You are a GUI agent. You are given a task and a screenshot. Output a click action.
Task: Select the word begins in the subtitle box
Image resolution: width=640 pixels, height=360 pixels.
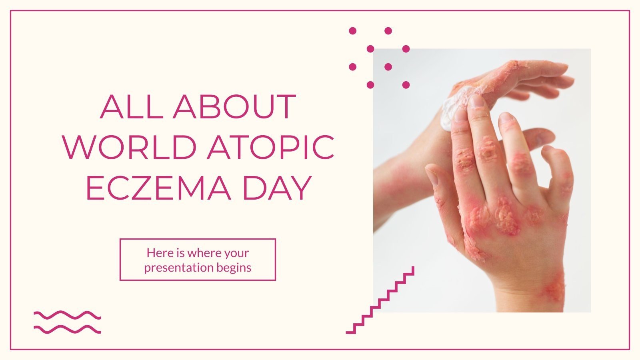[234, 267]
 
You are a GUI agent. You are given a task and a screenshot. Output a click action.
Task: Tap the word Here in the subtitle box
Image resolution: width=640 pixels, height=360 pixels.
[155, 253]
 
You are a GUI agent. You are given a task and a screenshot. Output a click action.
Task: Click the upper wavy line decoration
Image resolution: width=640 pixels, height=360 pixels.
[67, 315]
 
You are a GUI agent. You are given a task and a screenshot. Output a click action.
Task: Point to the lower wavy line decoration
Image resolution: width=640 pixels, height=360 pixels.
[67, 329]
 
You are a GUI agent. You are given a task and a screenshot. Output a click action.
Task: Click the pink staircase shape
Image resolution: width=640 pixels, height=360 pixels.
[380, 300]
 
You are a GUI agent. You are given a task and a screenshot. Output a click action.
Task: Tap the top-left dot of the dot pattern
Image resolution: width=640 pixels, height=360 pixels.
[352, 31]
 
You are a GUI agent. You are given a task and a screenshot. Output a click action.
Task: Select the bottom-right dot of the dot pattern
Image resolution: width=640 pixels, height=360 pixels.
[406, 85]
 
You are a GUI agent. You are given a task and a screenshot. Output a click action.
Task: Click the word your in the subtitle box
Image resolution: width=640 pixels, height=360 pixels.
[236, 253]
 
